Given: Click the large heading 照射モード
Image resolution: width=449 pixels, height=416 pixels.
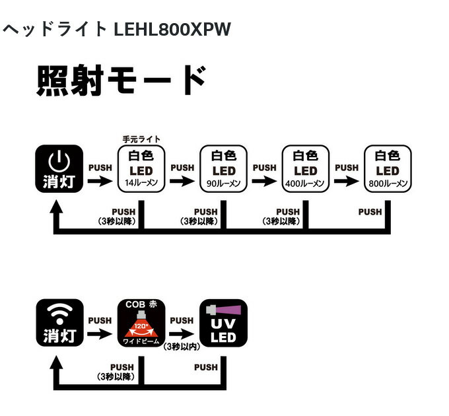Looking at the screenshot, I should click(x=122, y=81).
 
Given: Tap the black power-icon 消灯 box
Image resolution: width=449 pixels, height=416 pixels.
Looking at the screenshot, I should click(x=59, y=168).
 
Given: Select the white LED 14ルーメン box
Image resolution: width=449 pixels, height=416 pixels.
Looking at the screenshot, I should click(x=141, y=168).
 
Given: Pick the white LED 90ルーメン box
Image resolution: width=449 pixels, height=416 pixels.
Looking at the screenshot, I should click(x=223, y=168).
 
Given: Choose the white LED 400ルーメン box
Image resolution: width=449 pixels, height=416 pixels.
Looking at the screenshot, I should click(x=305, y=168).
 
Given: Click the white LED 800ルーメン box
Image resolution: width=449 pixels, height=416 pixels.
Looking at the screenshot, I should click(x=387, y=168).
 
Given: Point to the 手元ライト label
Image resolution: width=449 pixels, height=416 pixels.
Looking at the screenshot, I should click(x=141, y=139).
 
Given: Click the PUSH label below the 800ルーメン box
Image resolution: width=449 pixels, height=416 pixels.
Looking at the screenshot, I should click(x=370, y=212).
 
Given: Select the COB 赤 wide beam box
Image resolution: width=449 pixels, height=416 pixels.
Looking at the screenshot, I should click(x=141, y=323).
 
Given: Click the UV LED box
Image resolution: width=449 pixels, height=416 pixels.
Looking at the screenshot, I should click(x=223, y=323).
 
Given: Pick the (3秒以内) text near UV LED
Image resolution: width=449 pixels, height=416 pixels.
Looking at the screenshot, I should click(x=182, y=346).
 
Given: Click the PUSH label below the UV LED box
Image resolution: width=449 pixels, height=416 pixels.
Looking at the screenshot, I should click(x=206, y=367).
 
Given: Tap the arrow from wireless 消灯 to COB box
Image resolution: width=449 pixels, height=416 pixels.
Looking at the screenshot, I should click(x=100, y=334).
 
